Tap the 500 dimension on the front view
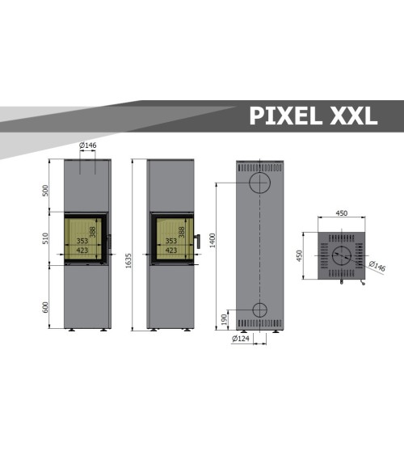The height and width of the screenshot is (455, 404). tap(46, 190)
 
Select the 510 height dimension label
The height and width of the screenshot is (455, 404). tap(46, 238)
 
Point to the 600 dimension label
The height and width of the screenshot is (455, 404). tap(46, 306)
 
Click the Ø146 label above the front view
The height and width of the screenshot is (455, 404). tap(88, 145)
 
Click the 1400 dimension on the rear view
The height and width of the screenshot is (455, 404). tap(213, 239)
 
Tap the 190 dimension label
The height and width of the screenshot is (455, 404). tap(224, 319)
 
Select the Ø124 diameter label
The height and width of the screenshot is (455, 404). tap(240, 339)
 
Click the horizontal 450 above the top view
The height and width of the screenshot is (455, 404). tap(341, 214)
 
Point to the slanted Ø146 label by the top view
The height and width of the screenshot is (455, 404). tap(376, 266)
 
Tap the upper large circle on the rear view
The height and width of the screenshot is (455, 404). tap(260, 183)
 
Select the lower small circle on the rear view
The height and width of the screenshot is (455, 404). tap(260, 310)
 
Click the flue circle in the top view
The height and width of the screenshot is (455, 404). tap(343, 256)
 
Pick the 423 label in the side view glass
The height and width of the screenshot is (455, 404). tap(170, 251)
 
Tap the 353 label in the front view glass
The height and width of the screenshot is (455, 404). tap(82, 241)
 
